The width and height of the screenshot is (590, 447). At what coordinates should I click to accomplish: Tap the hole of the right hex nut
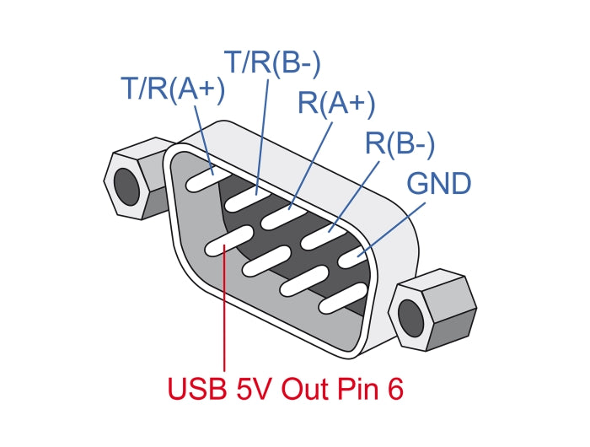tap(412, 315)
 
